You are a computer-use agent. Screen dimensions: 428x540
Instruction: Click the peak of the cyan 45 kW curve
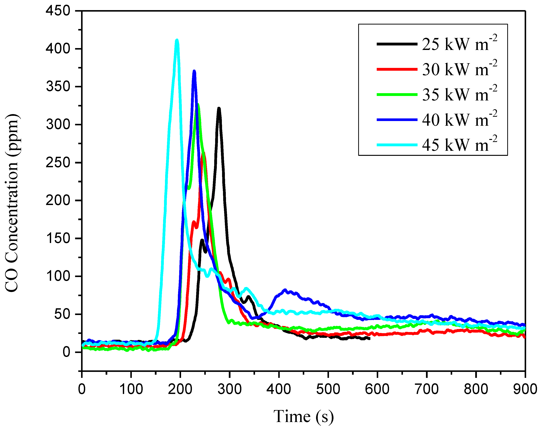177,40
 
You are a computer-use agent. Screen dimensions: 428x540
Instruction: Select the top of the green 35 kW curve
198,105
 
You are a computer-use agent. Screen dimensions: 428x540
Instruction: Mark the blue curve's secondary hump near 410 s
285,290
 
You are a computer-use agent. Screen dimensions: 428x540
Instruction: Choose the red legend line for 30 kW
397,69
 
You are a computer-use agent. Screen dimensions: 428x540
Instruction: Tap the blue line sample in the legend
397,120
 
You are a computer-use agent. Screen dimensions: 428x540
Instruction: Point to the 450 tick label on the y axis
58,11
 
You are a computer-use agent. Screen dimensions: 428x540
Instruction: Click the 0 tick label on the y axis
66,352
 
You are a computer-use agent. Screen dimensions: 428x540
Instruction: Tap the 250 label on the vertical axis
58,163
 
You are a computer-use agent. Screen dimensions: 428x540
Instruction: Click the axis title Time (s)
303,416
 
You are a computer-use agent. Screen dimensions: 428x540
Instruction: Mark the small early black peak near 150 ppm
202,240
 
